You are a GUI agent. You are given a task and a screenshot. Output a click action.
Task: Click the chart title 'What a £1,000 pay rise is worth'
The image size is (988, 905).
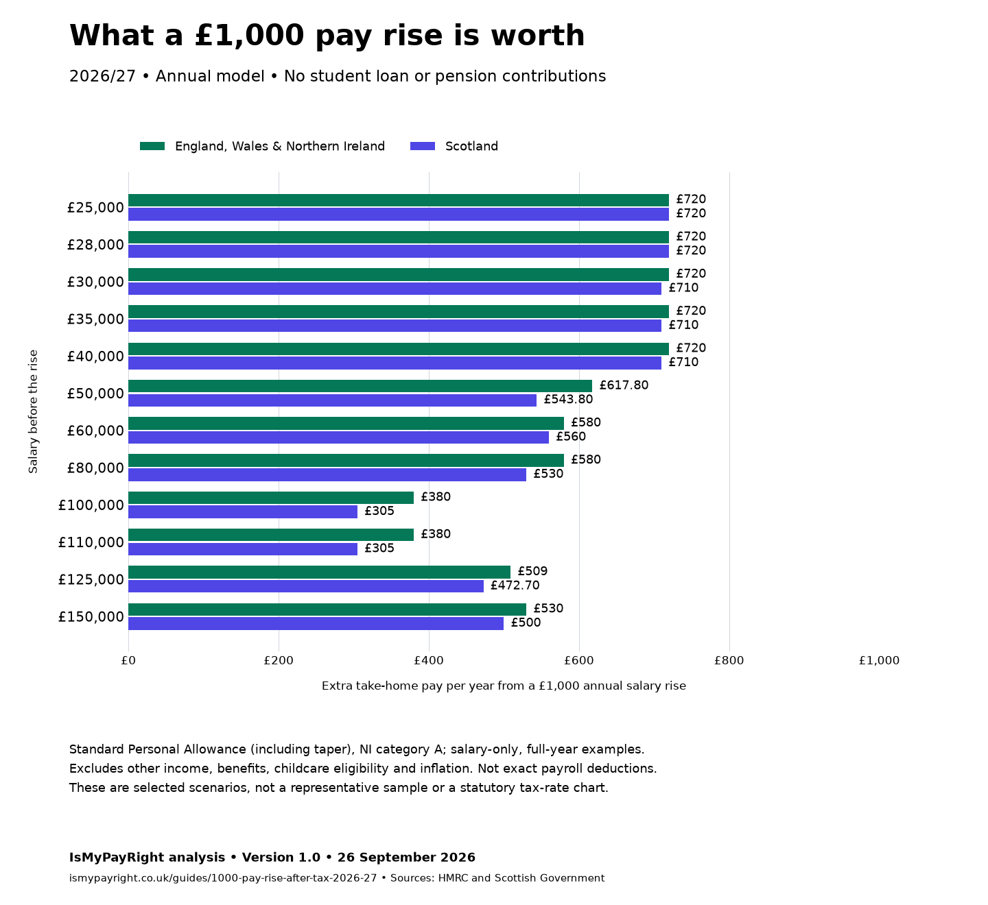[x=327, y=36]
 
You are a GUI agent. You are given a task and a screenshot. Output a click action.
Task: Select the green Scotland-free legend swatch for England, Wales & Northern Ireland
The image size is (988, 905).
[x=152, y=146]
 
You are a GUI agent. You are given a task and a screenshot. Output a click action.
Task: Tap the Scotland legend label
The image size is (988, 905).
[x=471, y=146]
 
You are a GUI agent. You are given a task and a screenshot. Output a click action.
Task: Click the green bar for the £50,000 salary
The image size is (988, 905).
[x=360, y=386]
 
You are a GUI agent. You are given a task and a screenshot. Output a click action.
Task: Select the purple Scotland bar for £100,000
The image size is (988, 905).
[x=243, y=511]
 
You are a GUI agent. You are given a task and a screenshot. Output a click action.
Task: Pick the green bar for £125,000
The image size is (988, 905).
[x=319, y=572]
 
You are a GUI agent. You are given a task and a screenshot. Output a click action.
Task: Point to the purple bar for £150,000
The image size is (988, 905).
[x=316, y=623]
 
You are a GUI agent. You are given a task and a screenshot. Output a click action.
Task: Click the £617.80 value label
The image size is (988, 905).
[x=624, y=385]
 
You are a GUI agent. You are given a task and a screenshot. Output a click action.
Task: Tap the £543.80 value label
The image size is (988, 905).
[x=568, y=399]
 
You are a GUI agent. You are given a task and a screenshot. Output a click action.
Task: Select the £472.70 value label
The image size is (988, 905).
[x=515, y=586]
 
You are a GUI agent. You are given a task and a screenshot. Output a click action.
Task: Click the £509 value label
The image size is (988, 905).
[x=532, y=571]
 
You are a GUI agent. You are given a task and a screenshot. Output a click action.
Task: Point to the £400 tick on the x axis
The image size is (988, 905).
[x=429, y=661]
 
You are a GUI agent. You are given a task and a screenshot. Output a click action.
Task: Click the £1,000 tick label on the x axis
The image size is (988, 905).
[x=879, y=661]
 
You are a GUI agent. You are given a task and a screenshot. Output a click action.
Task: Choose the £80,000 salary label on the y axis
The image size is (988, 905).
[x=95, y=468]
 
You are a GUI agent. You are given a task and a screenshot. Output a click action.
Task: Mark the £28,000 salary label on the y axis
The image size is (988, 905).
[x=95, y=245]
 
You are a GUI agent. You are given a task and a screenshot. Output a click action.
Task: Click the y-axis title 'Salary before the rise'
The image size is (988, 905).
[x=33, y=411]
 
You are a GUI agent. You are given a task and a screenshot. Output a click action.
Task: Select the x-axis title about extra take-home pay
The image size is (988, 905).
[x=504, y=686]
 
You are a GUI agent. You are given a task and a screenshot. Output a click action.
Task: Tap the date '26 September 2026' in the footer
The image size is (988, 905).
[x=406, y=857]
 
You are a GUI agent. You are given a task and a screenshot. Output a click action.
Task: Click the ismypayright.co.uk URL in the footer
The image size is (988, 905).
[x=222, y=878]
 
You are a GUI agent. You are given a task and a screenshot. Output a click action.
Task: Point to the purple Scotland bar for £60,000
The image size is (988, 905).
[x=338, y=437]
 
